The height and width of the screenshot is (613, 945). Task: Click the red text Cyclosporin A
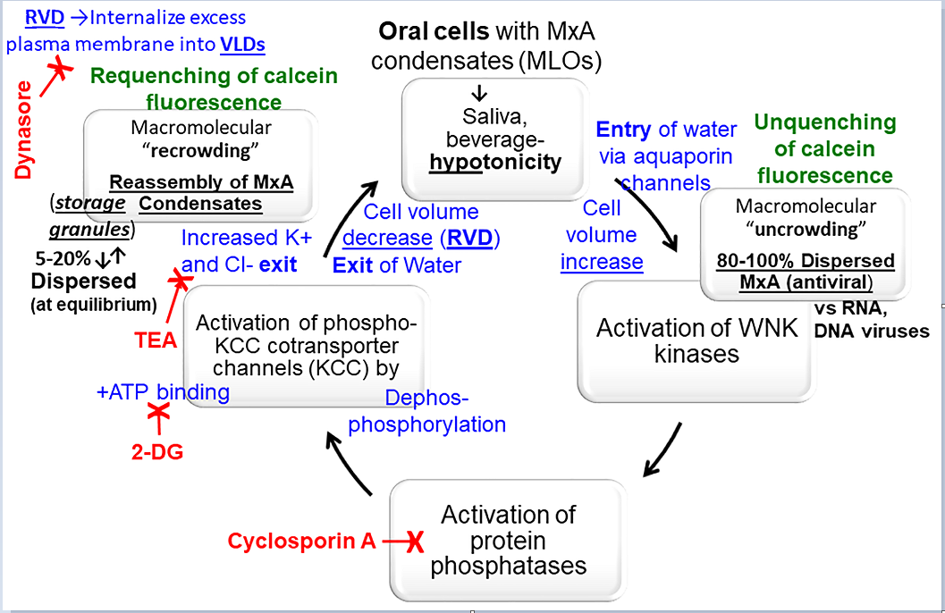point(301,542)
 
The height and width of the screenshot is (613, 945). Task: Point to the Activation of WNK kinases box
point(696,340)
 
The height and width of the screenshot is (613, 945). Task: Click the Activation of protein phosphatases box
point(508,540)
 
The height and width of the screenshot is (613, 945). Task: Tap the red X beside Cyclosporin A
point(413,542)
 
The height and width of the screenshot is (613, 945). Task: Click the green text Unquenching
point(825,122)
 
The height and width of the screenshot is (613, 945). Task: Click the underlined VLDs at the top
point(241,44)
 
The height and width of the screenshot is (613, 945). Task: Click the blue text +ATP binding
point(164,391)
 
